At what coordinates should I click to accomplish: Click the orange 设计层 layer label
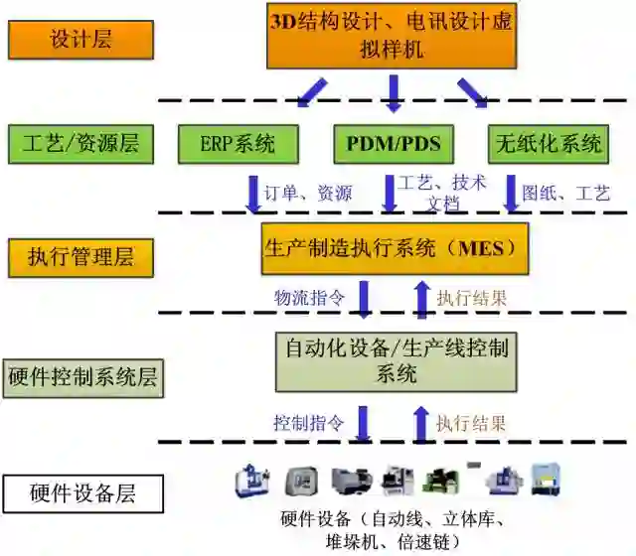(80, 41)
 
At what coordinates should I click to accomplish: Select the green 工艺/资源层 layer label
(80, 144)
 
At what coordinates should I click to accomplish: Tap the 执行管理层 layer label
(80, 257)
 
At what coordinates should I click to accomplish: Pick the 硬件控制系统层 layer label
(82, 378)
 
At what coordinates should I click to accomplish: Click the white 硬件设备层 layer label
(82, 492)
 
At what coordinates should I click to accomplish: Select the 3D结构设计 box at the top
(392, 35)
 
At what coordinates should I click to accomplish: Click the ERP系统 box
(238, 144)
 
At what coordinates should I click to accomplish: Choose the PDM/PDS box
(393, 144)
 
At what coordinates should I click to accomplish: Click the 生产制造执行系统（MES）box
(393, 248)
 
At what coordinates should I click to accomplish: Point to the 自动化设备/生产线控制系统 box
(397, 361)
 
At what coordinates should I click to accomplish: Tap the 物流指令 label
(309, 296)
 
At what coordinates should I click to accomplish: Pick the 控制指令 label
(308, 422)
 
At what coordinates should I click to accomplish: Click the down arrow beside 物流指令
(365, 298)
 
